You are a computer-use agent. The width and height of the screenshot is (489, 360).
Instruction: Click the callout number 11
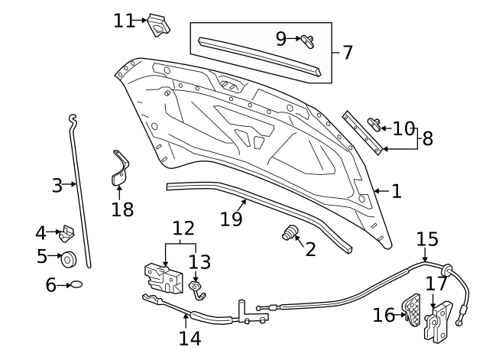[x=124, y=20]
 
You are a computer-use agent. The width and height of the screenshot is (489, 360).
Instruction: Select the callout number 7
[x=348, y=53]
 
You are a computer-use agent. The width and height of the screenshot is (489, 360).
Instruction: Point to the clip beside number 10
[x=374, y=122]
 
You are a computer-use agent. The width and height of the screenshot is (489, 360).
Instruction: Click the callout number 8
[x=427, y=138]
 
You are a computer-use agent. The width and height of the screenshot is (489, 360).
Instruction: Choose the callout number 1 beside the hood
[x=396, y=191]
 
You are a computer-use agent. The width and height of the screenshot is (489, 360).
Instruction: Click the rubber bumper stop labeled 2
[x=290, y=233]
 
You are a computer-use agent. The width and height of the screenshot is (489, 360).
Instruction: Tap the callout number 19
[x=231, y=218]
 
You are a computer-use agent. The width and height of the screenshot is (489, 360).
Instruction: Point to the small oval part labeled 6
[x=77, y=284]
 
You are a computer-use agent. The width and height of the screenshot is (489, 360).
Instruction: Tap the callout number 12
[x=183, y=228]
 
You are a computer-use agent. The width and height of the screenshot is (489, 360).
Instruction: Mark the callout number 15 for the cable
[x=428, y=238]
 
